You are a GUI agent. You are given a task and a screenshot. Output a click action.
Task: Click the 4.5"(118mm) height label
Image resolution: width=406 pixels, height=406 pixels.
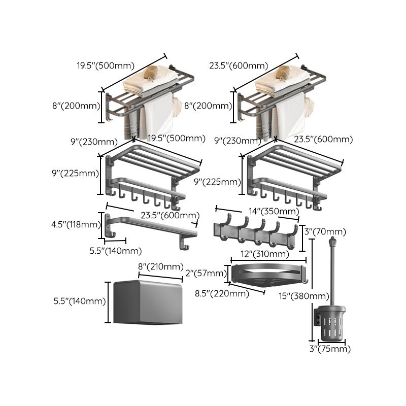click(76, 224)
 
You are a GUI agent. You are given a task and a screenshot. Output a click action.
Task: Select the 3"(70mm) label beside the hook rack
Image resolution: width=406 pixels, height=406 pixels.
click(325, 231)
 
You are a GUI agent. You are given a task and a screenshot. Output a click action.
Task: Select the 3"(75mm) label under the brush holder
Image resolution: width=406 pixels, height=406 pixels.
click(330, 349)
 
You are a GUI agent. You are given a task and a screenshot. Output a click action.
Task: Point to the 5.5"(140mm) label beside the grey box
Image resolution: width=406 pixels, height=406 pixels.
click(80, 301)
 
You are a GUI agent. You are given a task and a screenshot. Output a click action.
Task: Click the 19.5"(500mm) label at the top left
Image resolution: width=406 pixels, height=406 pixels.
click(106, 65)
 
